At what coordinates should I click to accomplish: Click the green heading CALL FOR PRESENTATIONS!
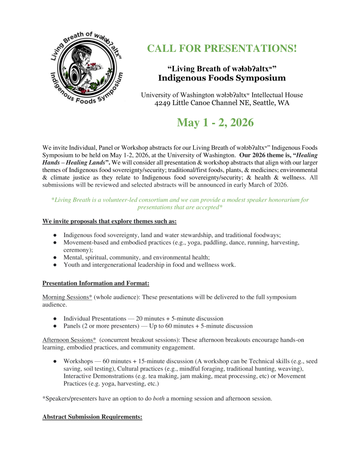point(222,48)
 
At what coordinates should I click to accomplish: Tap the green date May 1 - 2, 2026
point(215,122)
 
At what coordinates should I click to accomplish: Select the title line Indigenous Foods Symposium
point(222,78)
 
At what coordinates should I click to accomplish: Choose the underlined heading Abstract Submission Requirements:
point(92,416)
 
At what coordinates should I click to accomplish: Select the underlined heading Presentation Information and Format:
point(96,284)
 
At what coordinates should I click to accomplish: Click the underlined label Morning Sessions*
point(67,297)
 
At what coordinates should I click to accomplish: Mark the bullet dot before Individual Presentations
point(55,318)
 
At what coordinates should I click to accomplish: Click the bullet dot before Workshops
point(55,361)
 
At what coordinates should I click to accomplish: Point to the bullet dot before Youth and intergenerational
point(55,264)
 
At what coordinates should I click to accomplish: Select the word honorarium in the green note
point(280,200)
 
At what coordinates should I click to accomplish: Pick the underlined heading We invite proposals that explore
point(109,221)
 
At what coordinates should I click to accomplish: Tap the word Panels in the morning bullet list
point(73,326)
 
